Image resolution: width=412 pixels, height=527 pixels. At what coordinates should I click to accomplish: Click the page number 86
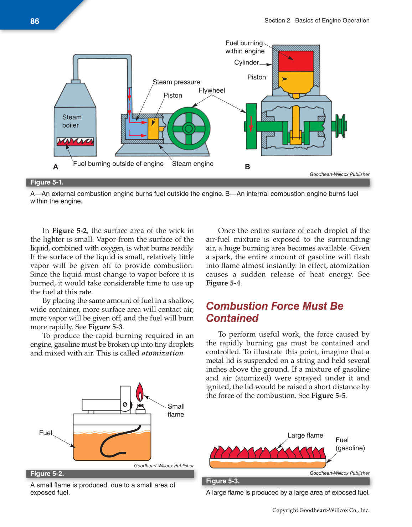point(35,21)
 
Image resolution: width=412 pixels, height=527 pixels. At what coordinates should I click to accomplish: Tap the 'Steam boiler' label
point(72,121)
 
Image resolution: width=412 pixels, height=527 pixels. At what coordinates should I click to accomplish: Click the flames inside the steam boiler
point(75,142)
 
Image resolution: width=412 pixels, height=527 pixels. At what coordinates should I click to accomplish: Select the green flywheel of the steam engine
point(189,128)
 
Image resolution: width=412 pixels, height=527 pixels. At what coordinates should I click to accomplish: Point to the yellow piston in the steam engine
point(153,129)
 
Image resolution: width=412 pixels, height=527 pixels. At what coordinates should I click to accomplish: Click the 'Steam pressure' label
point(176,82)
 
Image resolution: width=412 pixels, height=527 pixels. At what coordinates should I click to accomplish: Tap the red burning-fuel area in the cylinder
point(296,61)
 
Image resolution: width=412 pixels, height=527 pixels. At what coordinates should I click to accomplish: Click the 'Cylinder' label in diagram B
point(246,62)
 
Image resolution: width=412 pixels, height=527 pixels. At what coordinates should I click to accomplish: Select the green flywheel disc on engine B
point(251,126)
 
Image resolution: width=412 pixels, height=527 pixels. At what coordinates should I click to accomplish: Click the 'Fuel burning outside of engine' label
point(118,164)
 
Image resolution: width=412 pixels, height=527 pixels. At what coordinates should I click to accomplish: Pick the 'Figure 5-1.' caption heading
point(47,182)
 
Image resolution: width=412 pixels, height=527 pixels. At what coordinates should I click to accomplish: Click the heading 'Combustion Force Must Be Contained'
point(274,312)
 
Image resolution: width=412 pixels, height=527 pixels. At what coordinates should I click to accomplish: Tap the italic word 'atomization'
point(163,353)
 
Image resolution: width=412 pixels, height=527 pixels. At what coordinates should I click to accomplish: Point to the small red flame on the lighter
point(140,392)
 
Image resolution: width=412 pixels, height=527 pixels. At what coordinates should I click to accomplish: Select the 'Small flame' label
point(176,410)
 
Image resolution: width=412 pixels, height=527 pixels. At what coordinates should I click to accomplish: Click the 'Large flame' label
point(305,435)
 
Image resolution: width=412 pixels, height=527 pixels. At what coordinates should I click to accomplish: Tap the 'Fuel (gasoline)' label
point(350,444)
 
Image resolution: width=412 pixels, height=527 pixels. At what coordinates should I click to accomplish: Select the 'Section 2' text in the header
point(277,21)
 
